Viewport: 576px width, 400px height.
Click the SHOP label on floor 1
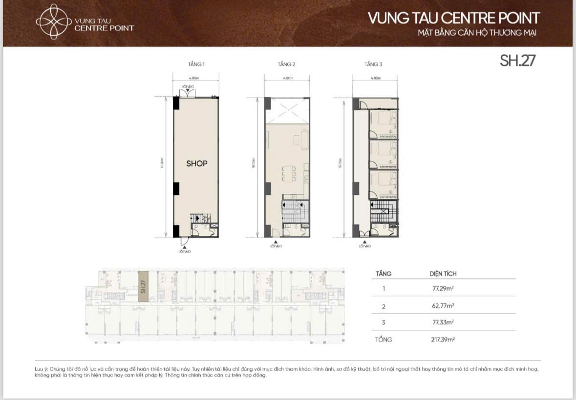pyautogui.click(x=196, y=164)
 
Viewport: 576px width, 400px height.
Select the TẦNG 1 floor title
pyautogui.click(x=196, y=64)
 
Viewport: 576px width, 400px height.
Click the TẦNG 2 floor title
pyautogui.click(x=287, y=64)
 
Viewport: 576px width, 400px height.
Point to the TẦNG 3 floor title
pyautogui.click(x=373, y=64)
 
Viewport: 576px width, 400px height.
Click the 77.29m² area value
pyautogui.click(x=440, y=288)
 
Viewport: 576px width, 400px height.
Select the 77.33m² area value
pyautogui.click(x=440, y=322)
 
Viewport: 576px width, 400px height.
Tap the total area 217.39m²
pyautogui.click(x=440, y=339)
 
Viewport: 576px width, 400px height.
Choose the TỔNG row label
pyautogui.click(x=384, y=339)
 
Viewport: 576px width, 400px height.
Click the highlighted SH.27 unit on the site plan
pyautogui.click(x=143, y=283)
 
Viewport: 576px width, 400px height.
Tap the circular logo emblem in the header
pyautogui.click(x=53, y=21)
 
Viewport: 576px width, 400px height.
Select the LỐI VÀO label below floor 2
pyautogui.click(x=276, y=246)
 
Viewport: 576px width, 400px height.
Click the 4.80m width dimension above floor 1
pyautogui.click(x=196, y=78)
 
